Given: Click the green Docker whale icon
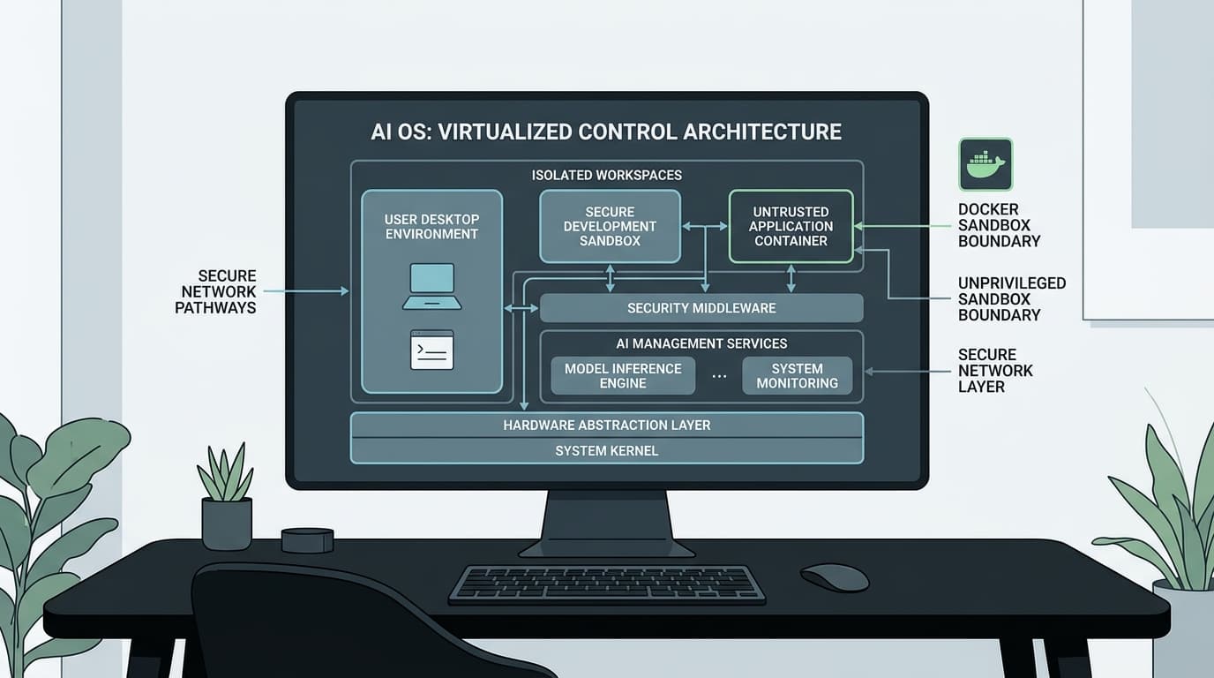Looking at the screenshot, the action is click(985, 164).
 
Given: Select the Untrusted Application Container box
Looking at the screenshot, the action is click(791, 226).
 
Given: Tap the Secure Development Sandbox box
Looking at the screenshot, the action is click(610, 226).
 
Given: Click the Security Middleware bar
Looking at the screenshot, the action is click(701, 308).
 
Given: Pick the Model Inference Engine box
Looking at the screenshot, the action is click(623, 376).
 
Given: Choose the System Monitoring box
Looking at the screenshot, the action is click(798, 376).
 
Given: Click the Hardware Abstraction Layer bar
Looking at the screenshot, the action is click(606, 425).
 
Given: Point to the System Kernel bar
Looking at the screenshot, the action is click(606, 451).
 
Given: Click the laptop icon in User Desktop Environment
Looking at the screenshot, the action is click(432, 286).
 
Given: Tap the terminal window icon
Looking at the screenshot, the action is click(432, 350).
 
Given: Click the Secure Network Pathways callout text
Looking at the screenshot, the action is click(215, 291).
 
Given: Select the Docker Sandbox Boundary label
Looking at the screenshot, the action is click(999, 225).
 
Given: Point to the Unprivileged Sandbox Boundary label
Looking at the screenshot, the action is click(1011, 299).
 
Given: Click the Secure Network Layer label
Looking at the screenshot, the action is click(995, 371).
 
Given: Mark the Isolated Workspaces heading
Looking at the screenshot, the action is click(606, 175).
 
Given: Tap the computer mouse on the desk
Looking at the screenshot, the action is click(835, 577).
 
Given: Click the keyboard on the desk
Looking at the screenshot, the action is click(607, 584).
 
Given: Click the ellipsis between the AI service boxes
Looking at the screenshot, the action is click(719, 376).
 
